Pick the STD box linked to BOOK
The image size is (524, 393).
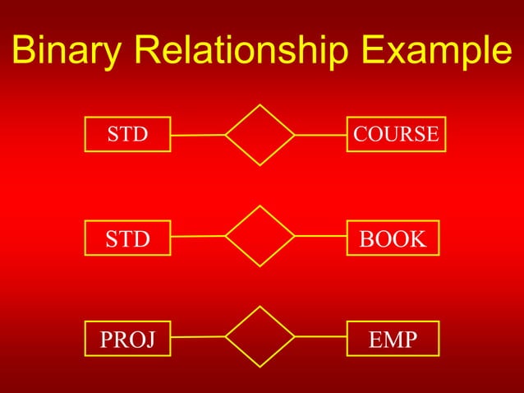(x=127, y=239)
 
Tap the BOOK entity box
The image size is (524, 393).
(x=393, y=239)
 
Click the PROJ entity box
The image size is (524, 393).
(x=127, y=339)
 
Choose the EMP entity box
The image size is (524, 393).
(x=393, y=339)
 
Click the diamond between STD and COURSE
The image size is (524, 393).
(x=260, y=135)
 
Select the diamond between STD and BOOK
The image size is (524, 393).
(x=260, y=237)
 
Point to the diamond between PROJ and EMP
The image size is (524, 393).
(x=260, y=336)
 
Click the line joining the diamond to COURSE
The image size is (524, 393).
(x=320, y=134)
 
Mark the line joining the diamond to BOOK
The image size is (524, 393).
(x=320, y=237)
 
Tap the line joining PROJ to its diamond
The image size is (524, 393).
(x=198, y=336)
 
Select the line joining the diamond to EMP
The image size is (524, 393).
(x=320, y=336)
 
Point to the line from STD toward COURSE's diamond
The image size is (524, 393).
(x=198, y=135)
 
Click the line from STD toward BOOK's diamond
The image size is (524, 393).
(x=198, y=237)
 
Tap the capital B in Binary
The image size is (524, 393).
(x=24, y=53)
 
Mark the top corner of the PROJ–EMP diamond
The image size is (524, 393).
(x=260, y=307)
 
